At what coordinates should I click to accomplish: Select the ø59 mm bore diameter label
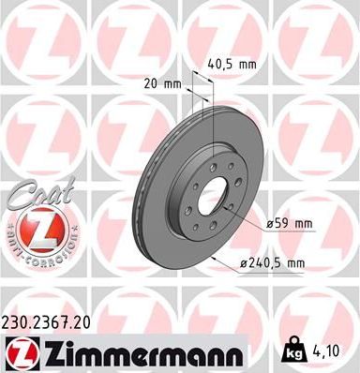(291, 224)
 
